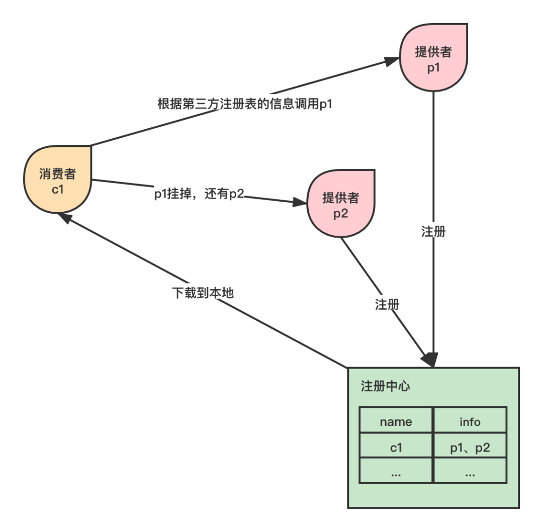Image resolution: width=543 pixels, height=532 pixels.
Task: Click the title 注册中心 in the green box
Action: (386, 386)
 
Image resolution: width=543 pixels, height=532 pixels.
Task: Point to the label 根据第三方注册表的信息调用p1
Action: (245, 104)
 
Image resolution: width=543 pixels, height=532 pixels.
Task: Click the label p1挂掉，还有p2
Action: (199, 194)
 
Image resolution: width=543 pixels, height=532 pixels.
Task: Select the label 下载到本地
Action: (203, 293)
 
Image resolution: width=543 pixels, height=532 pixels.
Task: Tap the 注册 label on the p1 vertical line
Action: (433, 231)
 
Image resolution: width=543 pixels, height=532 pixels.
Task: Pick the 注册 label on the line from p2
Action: (387, 304)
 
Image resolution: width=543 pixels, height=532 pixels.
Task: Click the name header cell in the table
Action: (396, 422)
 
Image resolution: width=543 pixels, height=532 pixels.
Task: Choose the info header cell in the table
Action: (470, 422)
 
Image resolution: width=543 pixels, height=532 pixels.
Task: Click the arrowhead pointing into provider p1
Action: (392, 61)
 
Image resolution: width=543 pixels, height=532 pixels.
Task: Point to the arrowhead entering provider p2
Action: (299, 203)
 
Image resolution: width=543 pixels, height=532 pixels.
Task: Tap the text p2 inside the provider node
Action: (341, 213)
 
